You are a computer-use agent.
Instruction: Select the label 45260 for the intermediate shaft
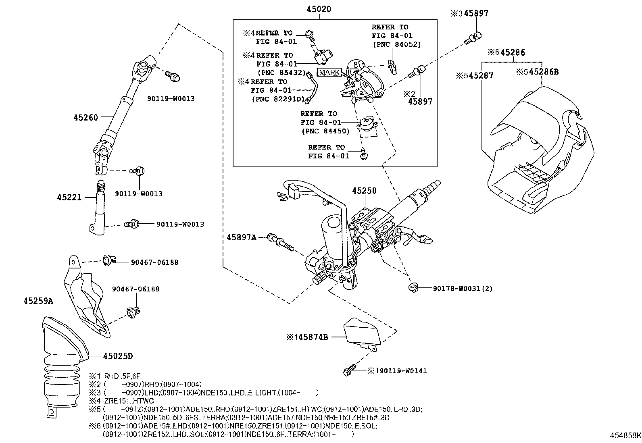pyautogui.click(x=85, y=117)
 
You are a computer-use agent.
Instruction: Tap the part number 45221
pyautogui.click(x=69, y=197)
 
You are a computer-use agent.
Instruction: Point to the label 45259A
pyautogui.click(x=38, y=301)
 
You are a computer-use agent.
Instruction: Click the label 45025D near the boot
pyautogui.click(x=118, y=356)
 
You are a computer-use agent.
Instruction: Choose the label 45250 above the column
pyautogui.click(x=364, y=191)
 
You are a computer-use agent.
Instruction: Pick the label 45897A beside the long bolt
pyautogui.click(x=241, y=237)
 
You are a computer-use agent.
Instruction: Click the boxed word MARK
pyautogui.click(x=329, y=73)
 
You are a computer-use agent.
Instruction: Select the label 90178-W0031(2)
pyautogui.click(x=463, y=289)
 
